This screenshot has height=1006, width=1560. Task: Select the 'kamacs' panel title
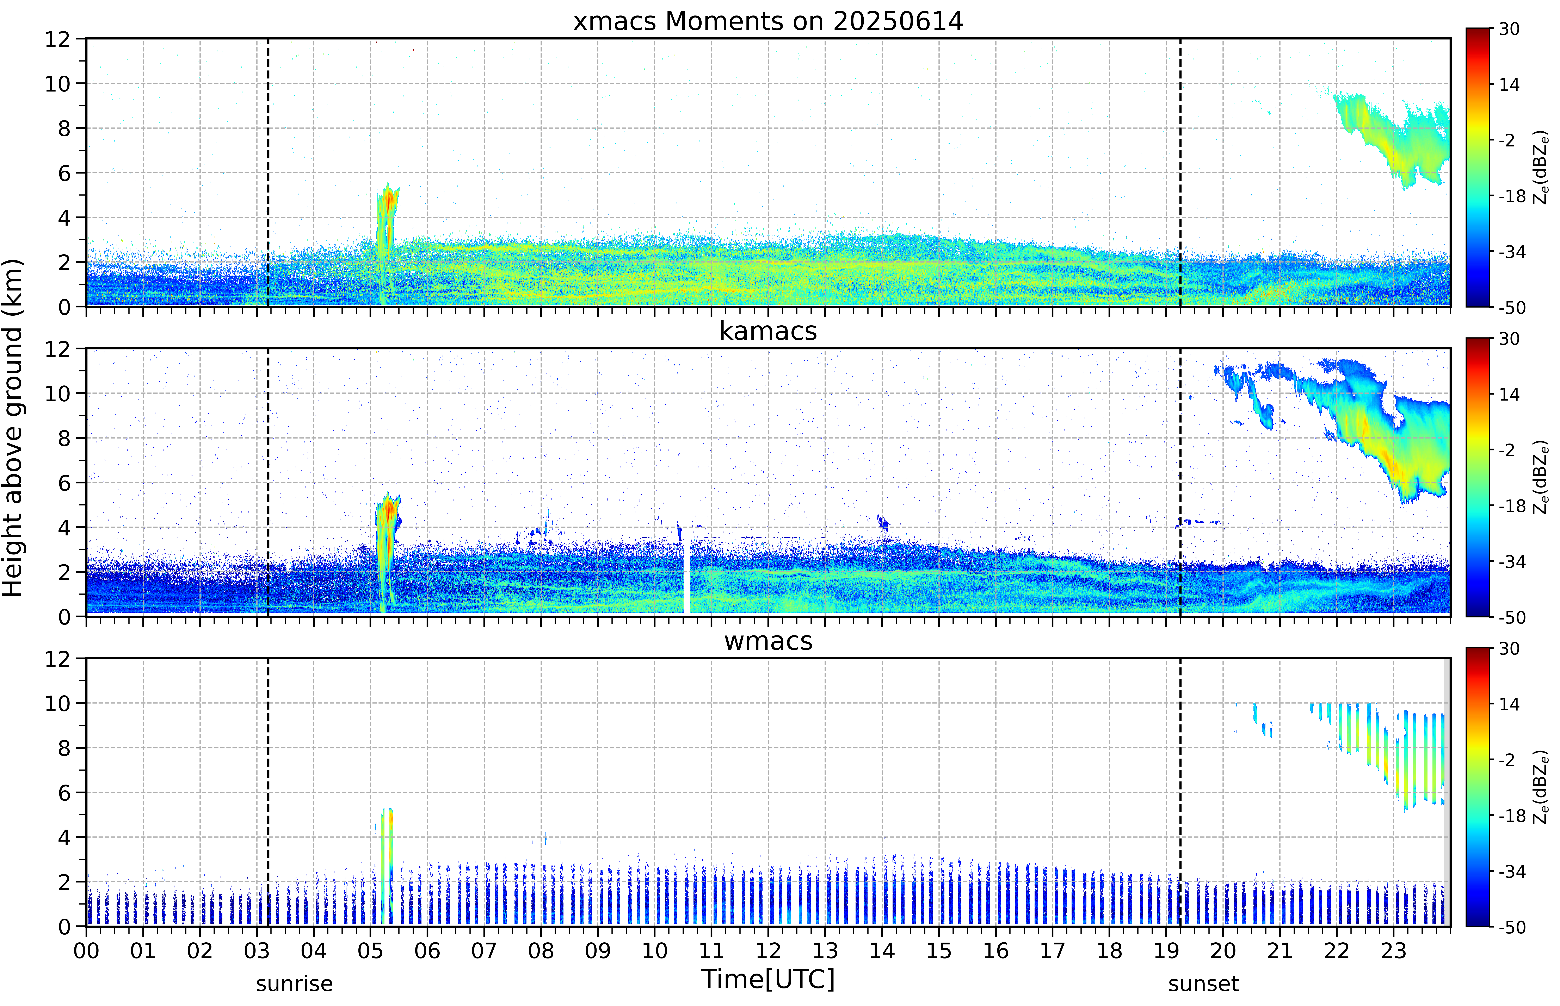coord(768,331)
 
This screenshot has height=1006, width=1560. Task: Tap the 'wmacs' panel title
coord(768,641)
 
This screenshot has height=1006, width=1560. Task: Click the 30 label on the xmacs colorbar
coord(1509,29)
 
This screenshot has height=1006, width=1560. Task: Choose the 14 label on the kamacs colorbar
coord(1509,395)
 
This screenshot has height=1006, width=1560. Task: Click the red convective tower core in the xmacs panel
coord(389,202)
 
